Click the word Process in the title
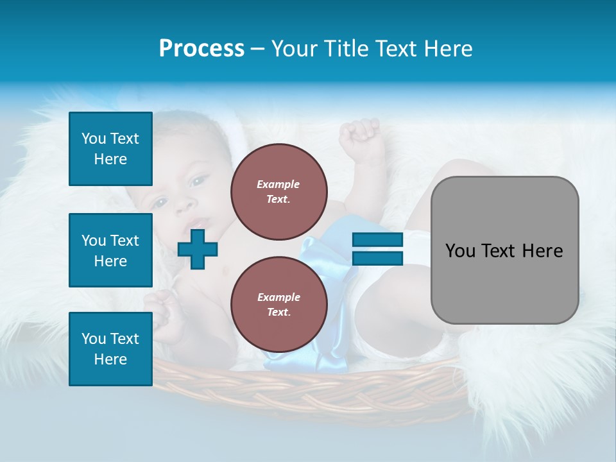point(201,49)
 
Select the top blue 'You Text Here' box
point(110,149)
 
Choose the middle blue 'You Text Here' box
point(110,250)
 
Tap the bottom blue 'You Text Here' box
point(110,349)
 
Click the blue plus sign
point(198,249)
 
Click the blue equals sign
point(377,249)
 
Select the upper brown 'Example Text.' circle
point(278,192)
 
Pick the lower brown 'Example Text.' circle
point(278,305)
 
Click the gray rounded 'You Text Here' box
point(504,250)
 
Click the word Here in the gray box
point(542,251)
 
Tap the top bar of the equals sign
point(377,240)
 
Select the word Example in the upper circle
point(278,184)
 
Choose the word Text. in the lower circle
point(278,312)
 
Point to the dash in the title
point(257,49)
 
